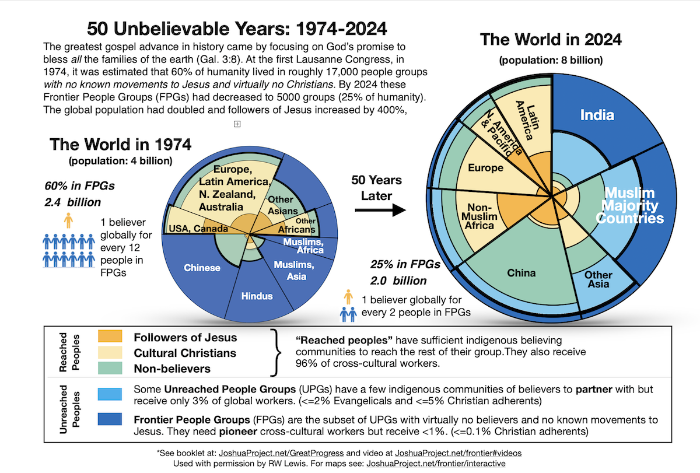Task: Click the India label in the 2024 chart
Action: point(597,115)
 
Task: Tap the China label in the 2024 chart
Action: point(521,272)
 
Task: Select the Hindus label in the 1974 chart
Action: point(257,296)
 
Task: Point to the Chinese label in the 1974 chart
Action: point(202,268)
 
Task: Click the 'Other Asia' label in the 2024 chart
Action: point(598,279)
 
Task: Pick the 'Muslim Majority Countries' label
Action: point(633,205)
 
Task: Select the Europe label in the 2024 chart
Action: point(485,168)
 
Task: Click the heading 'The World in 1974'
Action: point(120,144)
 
